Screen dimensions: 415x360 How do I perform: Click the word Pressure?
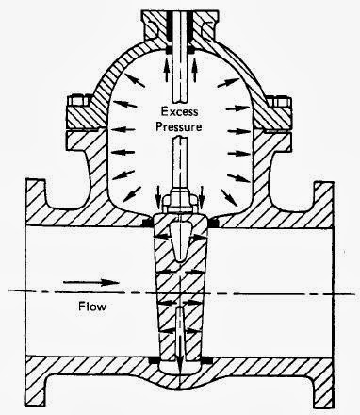click(x=180, y=124)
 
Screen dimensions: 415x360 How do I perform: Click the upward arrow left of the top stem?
click(x=169, y=67)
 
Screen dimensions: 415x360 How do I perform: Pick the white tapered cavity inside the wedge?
click(x=180, y=243)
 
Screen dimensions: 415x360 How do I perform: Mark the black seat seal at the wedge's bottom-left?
click(x=155, y=360)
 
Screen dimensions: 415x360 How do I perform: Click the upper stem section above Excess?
click(x=180, y=38)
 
